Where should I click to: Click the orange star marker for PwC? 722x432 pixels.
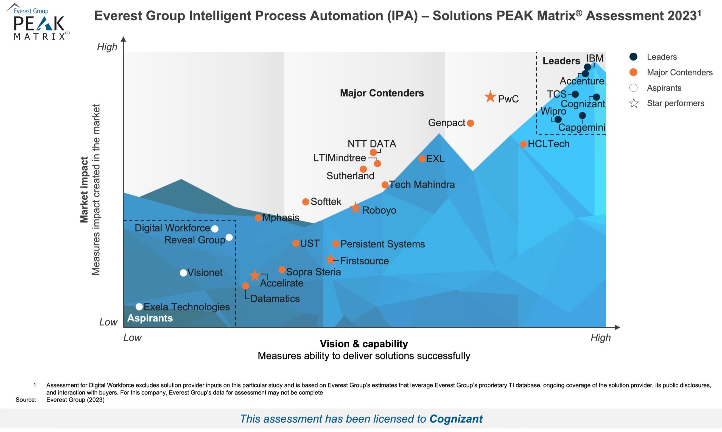490,97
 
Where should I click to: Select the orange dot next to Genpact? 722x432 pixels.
470,123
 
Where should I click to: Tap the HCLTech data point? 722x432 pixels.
523,144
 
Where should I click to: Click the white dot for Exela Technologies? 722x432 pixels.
139,307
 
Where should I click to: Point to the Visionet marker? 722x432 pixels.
183,273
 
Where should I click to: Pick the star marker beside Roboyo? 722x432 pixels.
355,208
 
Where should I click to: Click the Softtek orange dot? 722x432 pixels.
306,202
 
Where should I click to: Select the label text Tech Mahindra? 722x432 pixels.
422,185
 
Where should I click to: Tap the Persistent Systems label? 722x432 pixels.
382,244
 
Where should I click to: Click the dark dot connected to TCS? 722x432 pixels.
575,94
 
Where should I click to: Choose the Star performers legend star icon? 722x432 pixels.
634,103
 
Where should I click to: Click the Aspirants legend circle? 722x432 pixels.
633,88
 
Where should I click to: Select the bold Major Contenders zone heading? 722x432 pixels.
382,93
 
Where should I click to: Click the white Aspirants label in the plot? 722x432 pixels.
150,318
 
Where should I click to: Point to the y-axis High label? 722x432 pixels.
107,47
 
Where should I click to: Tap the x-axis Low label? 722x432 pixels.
132,338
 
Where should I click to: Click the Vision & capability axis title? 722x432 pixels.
364,344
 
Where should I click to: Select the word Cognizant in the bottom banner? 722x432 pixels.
456,419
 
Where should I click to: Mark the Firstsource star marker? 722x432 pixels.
330,259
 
